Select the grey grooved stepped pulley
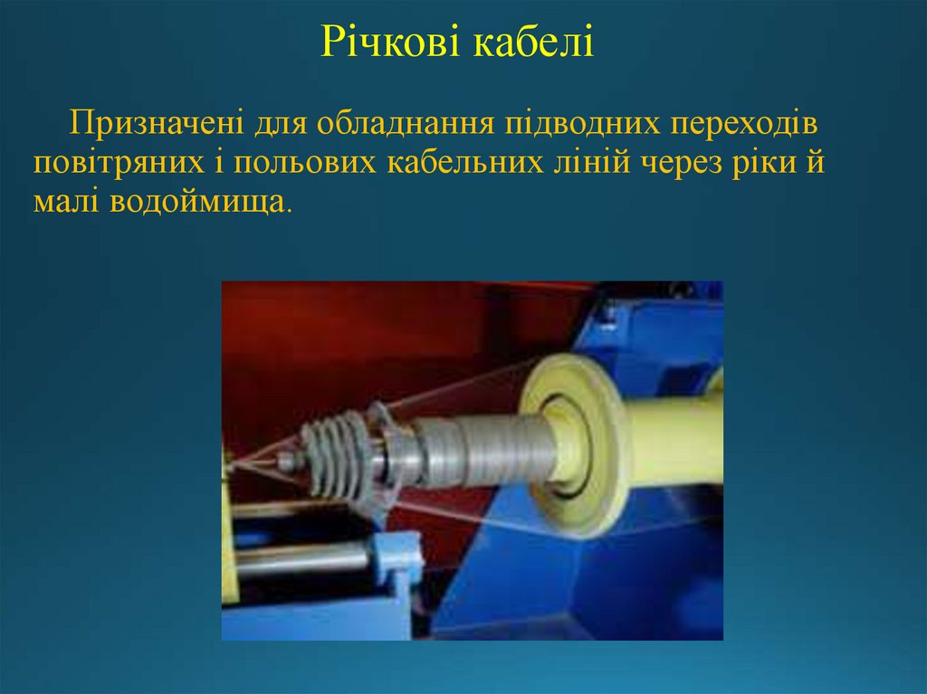(x=339, y=457)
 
